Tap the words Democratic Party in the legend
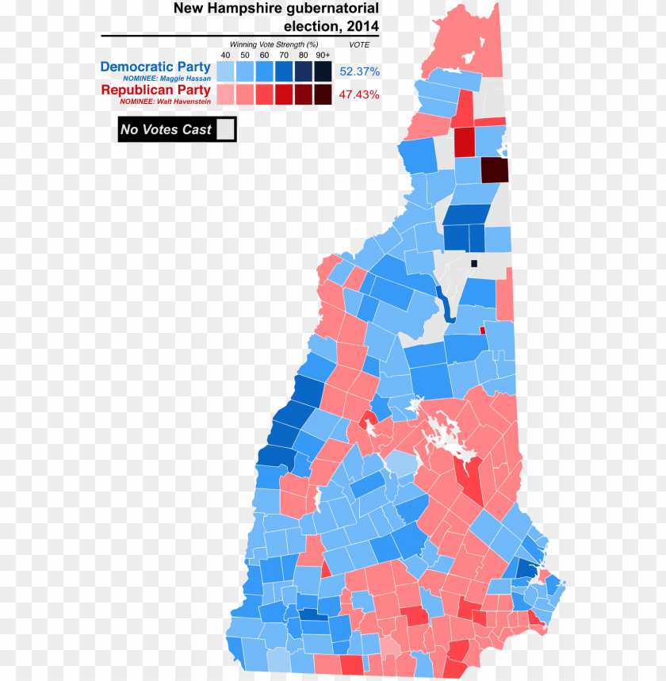[155, 67]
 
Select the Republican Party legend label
[155, 90]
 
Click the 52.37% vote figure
[359, 71]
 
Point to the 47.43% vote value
[359, 95]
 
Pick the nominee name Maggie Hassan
[166, 79]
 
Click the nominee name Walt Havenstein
[165, 101]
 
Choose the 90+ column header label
[323, 55]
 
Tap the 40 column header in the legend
[225, 55]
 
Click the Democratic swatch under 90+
[323, 71]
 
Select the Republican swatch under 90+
[323, 95]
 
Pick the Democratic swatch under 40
[225, 71]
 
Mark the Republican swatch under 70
[284, 95]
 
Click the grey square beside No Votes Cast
[226, 129]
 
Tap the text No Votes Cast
[166, 130]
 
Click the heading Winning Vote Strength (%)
[274, 44]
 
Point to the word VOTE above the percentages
[359, 45]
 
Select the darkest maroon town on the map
[495, 170]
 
